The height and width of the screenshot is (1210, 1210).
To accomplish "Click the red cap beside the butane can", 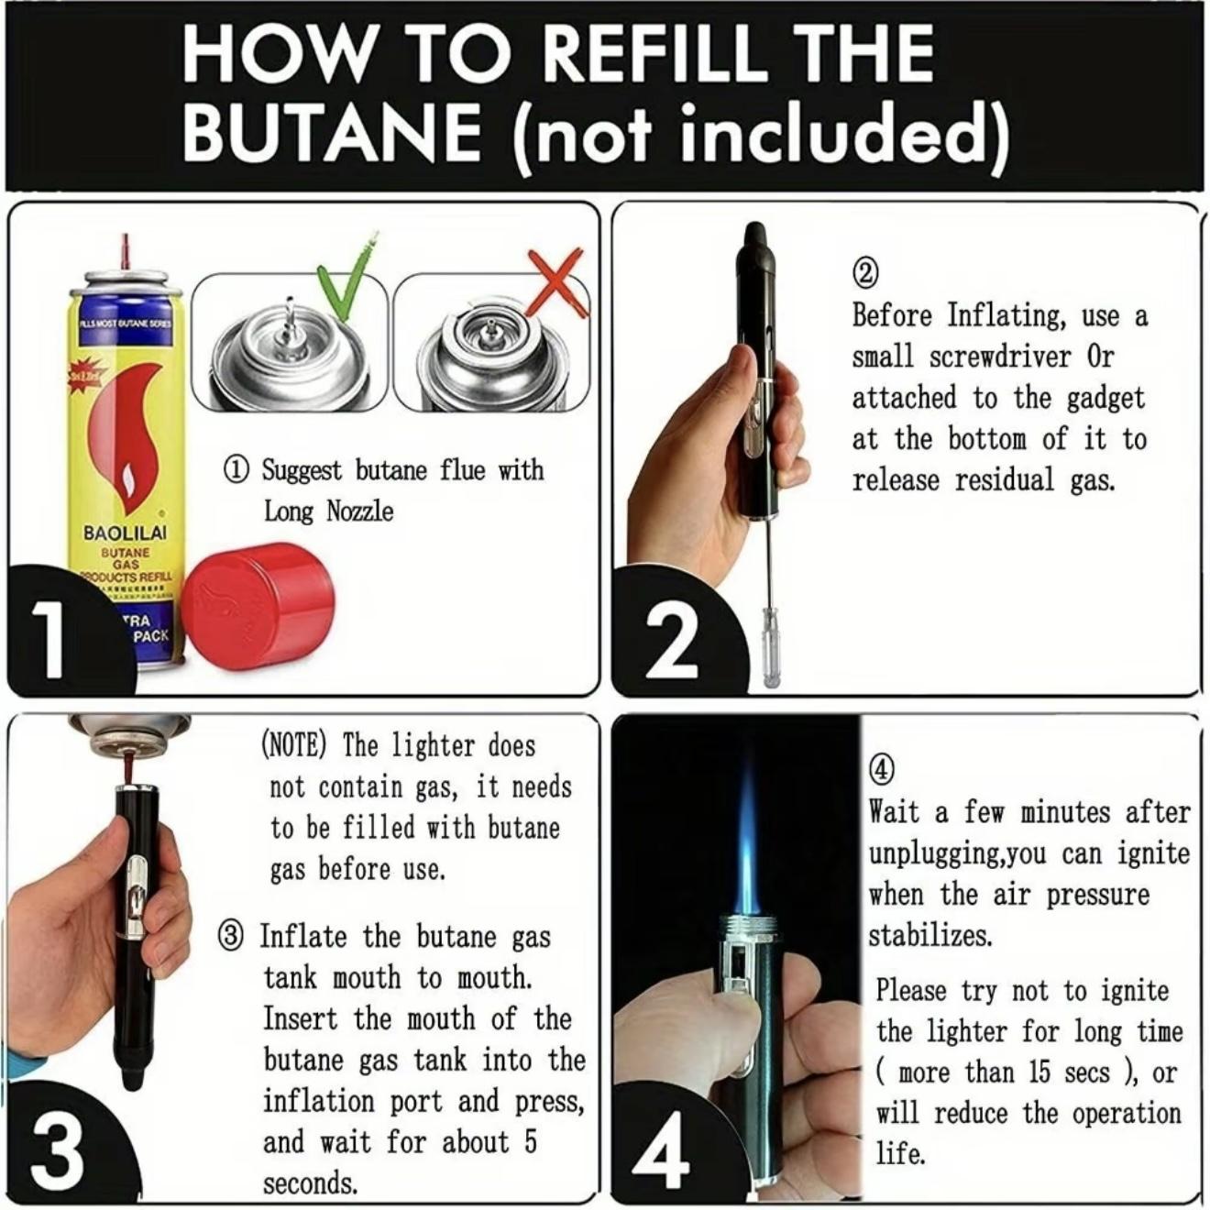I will point(258,605).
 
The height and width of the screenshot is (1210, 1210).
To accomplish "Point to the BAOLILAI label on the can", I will point(126,533).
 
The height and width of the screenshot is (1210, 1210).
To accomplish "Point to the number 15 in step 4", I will point(1039,1072).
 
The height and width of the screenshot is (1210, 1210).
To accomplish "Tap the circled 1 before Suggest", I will point(236,470).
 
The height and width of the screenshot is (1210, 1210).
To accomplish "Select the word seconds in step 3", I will point(310,1183).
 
